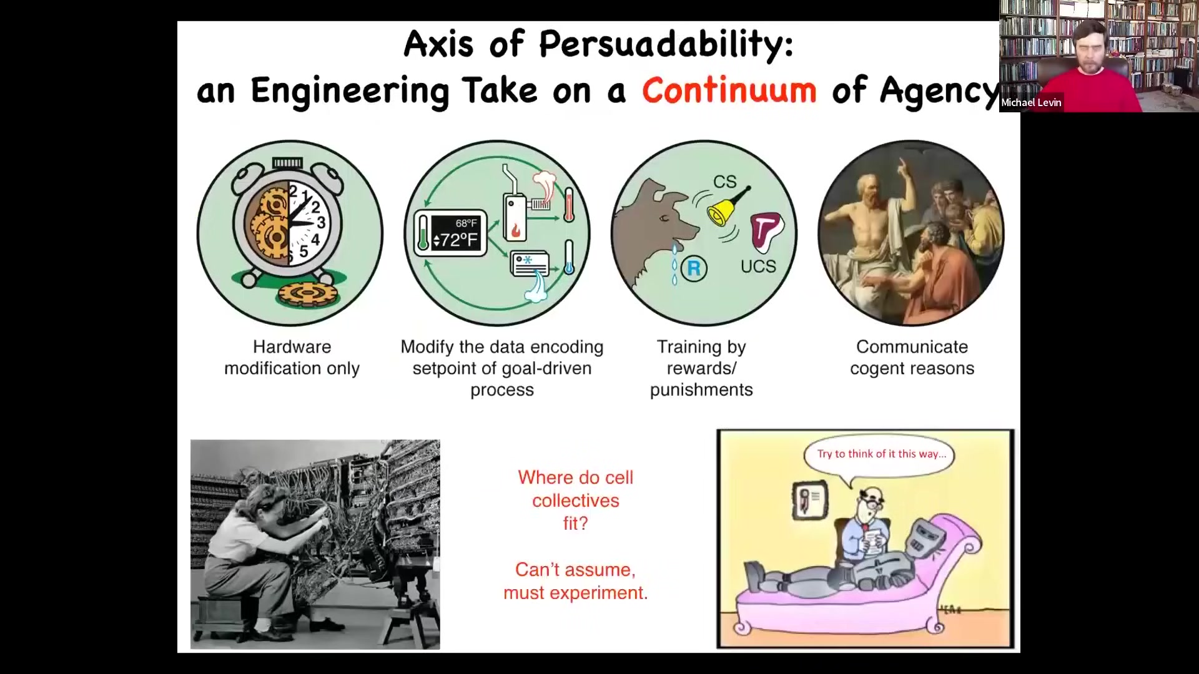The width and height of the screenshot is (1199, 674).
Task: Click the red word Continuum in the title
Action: [x=729, y=90]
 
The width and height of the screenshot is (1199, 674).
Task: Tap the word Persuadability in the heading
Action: [x=666, y=44]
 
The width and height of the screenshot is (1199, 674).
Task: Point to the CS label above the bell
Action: [x=725, y=182]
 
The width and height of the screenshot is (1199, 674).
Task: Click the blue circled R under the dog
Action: [x=694, y=268]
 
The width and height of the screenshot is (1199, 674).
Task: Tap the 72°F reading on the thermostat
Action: [x=455, y=240]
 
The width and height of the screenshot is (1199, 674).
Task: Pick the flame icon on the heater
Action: [x=516, y=230]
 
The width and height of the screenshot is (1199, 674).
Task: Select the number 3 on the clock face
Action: [x=321, y=223]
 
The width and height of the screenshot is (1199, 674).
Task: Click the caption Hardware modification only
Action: [x=292, y=358]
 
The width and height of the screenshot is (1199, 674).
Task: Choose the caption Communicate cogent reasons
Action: [x=912, y=358]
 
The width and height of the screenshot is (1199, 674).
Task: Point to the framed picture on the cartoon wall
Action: [x=810, y=501]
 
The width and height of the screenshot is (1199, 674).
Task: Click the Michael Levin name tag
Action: [x=1031, y=102]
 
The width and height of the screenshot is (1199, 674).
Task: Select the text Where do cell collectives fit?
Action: [x=576, y=500]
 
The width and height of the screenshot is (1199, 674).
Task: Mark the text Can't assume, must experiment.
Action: [x=576, y=581]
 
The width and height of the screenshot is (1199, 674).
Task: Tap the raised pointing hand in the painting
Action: [x=902, y=165]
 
